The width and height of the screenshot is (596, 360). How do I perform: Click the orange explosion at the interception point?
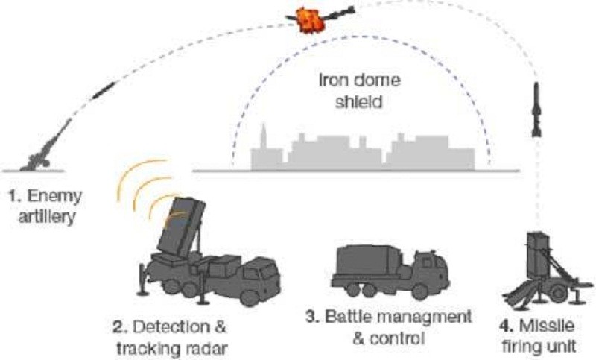311,21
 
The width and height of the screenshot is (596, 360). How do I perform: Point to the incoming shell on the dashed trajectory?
103,90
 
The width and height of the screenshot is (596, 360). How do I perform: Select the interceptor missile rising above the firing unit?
536,110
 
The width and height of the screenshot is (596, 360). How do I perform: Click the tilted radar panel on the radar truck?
181,228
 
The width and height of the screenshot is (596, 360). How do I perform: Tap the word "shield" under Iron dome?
358,102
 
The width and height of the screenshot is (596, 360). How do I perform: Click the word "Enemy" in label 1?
54,198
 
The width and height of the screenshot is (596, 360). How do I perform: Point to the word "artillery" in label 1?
46,218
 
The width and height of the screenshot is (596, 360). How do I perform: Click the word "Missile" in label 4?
547,326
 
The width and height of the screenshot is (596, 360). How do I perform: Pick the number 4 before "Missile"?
504,326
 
